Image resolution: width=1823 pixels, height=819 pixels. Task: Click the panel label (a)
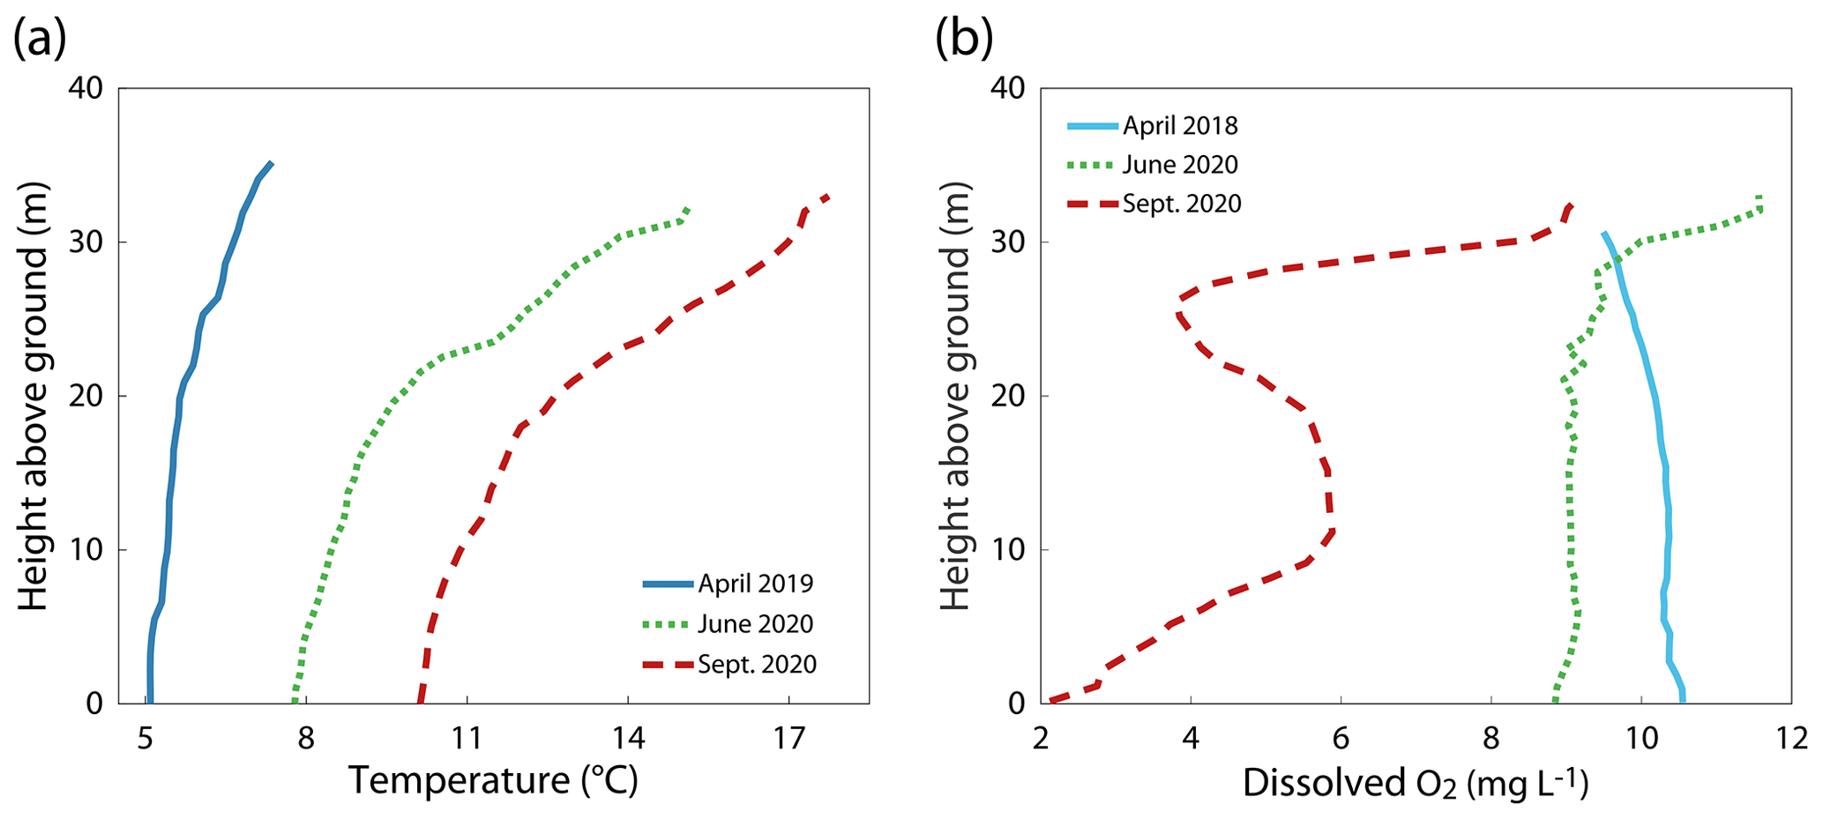40,39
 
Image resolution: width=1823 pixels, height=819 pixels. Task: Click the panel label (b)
964,39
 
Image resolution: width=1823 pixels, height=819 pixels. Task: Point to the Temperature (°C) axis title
493,781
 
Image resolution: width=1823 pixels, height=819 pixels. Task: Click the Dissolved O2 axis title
1415,783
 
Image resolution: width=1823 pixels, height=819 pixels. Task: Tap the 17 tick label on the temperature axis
788,737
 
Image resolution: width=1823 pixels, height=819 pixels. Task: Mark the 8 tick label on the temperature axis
306,737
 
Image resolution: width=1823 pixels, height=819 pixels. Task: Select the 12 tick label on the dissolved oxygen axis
1790,737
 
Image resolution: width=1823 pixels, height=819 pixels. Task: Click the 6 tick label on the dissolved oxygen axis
1341,737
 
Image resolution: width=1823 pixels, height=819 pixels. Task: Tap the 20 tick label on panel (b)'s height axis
1008,396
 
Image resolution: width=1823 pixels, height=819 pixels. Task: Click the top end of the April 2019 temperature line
271,163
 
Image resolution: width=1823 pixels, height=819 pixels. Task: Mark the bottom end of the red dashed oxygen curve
1050,702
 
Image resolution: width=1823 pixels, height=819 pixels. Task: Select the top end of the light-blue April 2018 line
1604,234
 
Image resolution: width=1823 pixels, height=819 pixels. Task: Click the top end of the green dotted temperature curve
686,209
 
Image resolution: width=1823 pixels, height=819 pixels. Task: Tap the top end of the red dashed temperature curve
827,197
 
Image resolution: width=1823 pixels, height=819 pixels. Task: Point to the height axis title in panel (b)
954,396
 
